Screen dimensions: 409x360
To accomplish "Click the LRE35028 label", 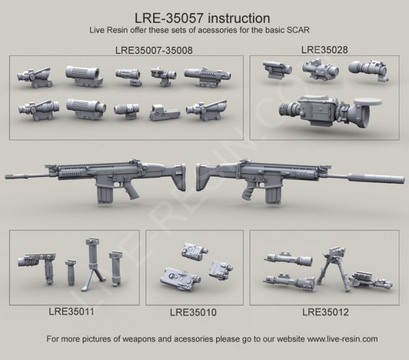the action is pyautogui.click(x=324, y=50).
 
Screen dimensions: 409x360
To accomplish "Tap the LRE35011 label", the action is pyautogui.click(x=71, y=311).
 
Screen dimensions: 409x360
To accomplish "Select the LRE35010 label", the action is pyautogui.click(x=193, y=312).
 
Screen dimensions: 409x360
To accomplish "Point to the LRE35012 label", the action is pyautogui.click(x=326, y=312).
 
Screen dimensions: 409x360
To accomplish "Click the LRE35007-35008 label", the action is pyautogui.click(x=154, y=50).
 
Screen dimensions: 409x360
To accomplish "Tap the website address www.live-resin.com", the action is pyautogui.click(x=342, y=339).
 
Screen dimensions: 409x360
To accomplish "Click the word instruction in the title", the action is pyautogui.click(x=239, y=18).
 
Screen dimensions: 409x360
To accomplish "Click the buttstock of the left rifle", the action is pyautogui.click(x=174, y=176).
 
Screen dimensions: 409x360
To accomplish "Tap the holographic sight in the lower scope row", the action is pyautogui.click(x=164, y=112).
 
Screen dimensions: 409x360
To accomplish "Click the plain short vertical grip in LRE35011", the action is pyautogui.click(x=70, y=272).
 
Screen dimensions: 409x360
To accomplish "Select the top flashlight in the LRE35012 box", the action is pyautogui.click(x=288, y=258).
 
